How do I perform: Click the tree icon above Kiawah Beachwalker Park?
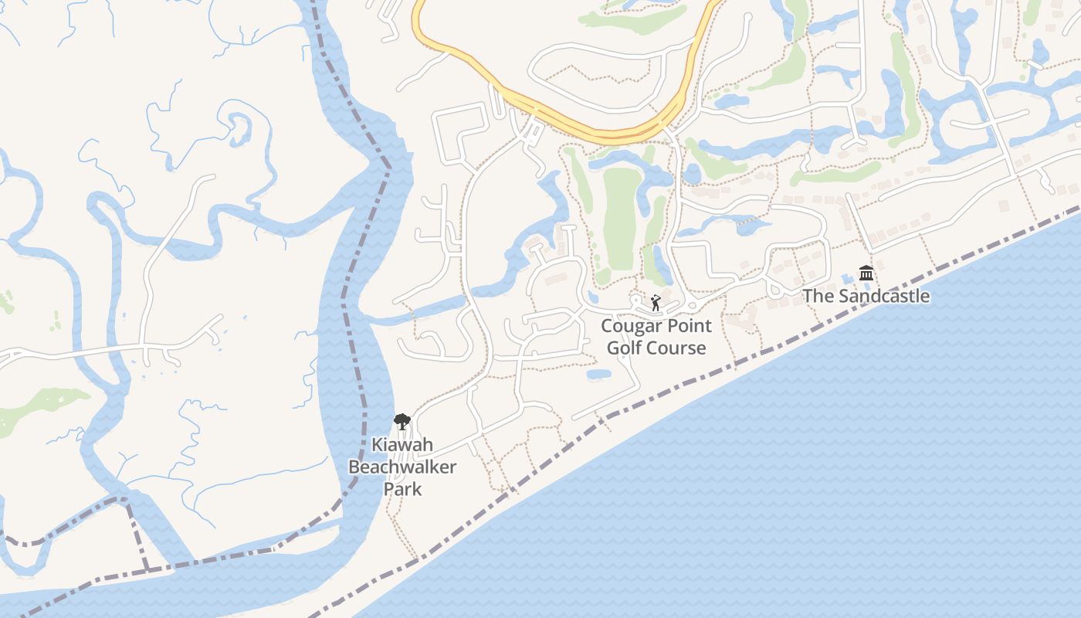point(402,421)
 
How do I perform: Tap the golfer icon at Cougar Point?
point(656,303)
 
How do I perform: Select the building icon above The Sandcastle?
point(866,273)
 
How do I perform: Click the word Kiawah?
point(402,446)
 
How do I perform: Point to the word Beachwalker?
point(402,467)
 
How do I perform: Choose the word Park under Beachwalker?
point(403,489)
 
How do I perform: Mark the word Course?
point(678,348)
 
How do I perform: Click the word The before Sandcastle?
point(818,296)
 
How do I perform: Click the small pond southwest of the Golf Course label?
point(598,375)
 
